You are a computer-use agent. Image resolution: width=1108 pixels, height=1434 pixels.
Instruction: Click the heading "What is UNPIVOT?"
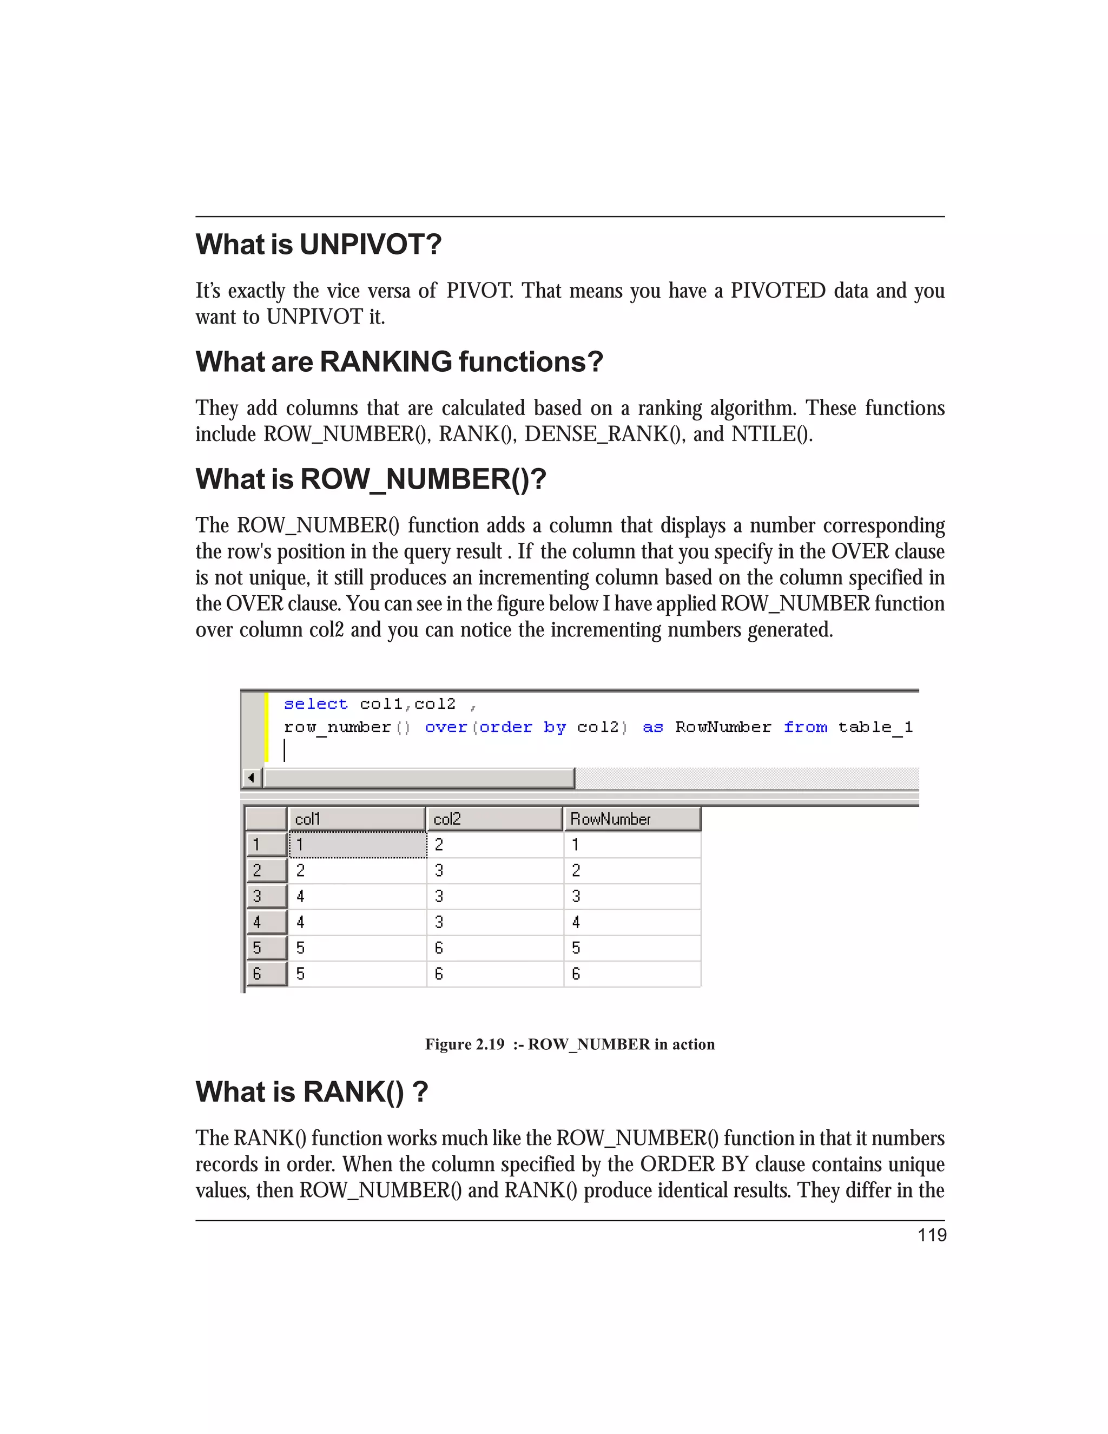pos(318,244)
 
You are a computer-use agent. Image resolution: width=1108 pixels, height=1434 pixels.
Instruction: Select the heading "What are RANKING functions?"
pos(399,362)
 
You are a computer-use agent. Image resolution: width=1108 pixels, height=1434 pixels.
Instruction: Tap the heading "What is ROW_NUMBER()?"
pos(371,479)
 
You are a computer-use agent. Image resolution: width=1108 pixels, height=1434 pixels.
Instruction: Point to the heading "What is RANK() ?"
pos(312,1092)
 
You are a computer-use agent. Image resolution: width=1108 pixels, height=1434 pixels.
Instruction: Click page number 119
pos(932,1235)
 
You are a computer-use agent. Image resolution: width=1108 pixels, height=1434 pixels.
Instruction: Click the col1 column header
pos(357,819)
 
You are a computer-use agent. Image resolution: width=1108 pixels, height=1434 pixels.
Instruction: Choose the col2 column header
pos(493,819)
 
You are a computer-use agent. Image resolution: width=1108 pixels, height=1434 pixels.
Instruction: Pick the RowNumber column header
pos(631,819)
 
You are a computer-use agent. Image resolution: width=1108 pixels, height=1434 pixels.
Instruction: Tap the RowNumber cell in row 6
pos(631,973)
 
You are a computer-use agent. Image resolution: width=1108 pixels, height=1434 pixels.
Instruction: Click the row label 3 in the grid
pos(266,896)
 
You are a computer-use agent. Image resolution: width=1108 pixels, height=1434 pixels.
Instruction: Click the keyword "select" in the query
pos(315,704)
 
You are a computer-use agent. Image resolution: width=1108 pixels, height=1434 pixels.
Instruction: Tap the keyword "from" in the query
pos(806,727)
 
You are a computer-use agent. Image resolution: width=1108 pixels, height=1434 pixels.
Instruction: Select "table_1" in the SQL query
pos(875,727)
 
